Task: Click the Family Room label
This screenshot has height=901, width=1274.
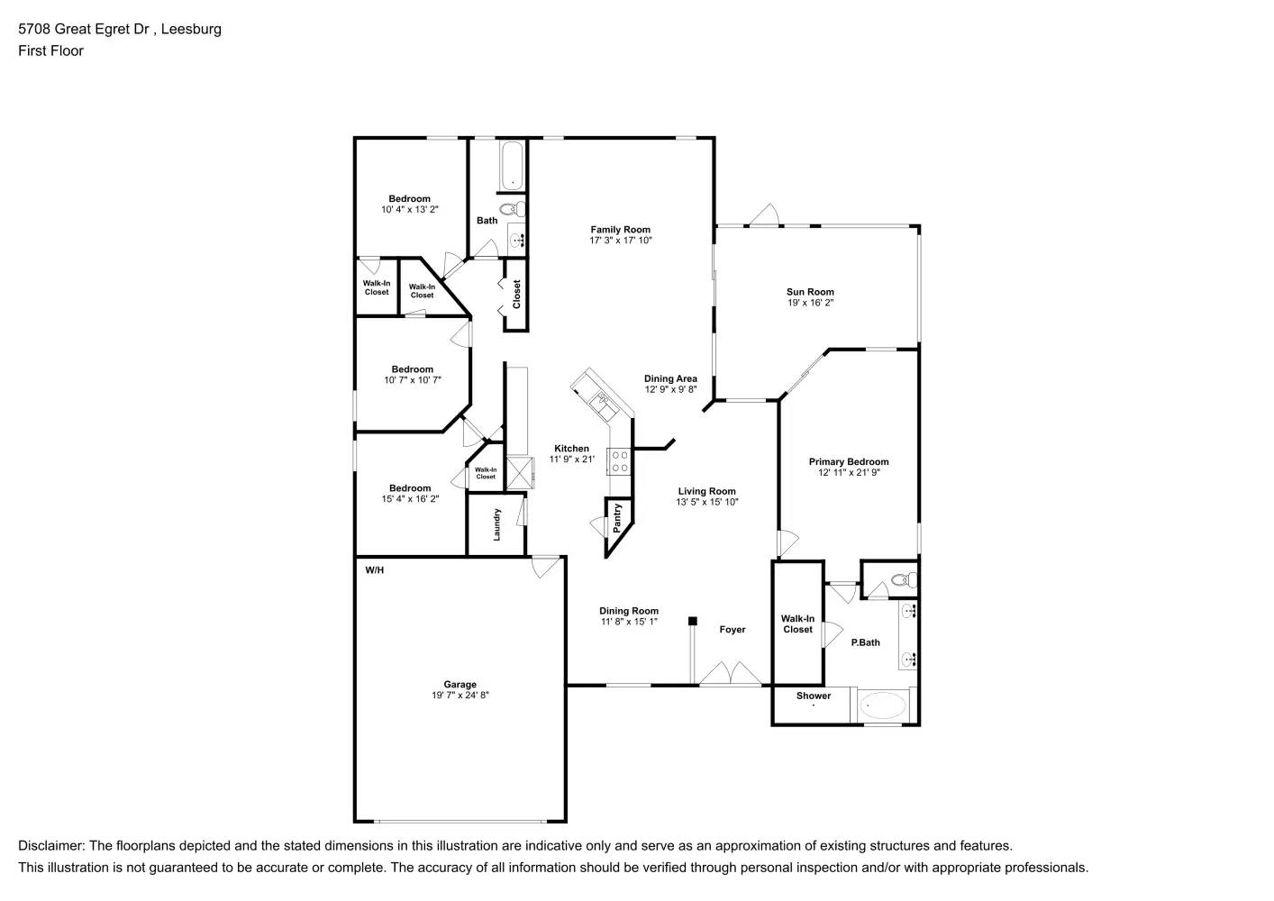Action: [620, 230]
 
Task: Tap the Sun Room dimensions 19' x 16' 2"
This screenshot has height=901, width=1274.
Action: [810, 304]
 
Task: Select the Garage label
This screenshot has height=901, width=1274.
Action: [460, 685]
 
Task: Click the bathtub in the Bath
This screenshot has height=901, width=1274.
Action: [512, 166]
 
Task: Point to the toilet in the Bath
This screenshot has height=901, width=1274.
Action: [513, 210]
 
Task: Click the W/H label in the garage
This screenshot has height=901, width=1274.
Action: [374, 570]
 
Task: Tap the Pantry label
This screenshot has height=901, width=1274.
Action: [617, 518]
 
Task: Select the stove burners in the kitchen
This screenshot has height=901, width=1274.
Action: [620, 461]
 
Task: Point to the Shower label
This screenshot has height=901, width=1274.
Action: [814, 696]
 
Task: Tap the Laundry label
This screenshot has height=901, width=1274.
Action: [496, 524]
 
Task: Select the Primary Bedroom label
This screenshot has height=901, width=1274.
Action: [848, 462]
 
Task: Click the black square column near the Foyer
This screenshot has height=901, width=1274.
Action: [693, 621]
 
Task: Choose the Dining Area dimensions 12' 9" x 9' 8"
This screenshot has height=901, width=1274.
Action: [670, 390]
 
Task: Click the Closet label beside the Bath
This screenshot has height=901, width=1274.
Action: [516, 295]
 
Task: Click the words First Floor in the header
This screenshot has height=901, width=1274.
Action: [50, 51]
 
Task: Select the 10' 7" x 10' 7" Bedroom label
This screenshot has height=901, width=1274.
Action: [412, 369]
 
